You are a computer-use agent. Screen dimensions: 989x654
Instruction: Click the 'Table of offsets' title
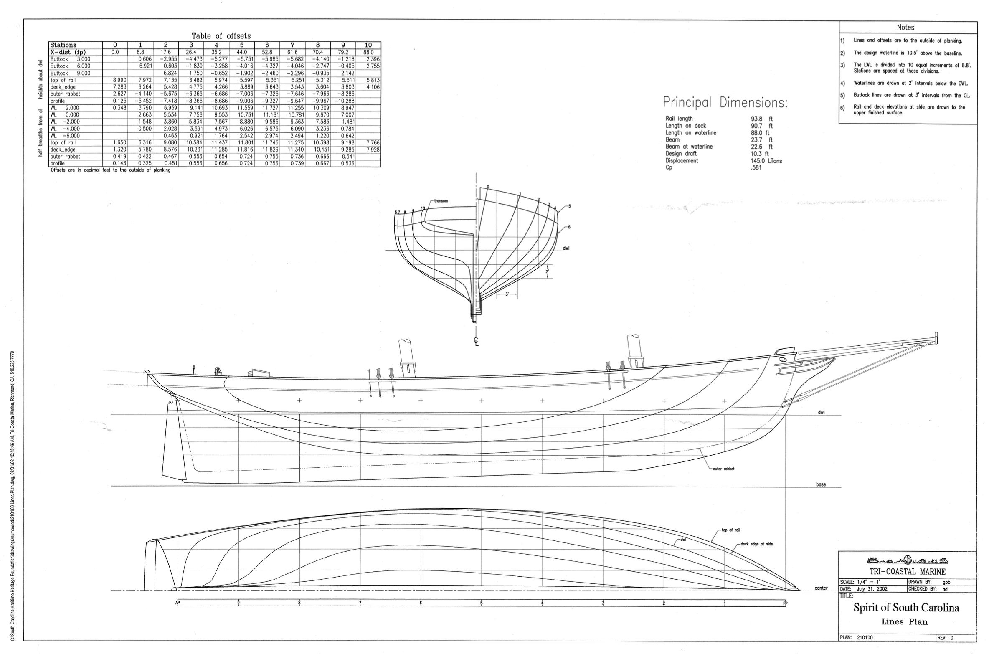click(221, 36)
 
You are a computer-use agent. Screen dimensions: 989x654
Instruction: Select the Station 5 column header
click(242, 45)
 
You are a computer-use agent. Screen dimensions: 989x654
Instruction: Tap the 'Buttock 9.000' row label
click(70, 73)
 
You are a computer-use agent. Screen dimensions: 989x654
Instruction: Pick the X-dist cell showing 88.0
click(368, 52)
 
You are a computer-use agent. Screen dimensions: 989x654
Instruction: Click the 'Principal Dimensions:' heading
click(725, 103)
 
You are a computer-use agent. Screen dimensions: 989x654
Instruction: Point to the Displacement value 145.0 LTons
click(766, 161)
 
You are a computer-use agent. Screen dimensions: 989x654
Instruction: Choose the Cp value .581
click(756, 168)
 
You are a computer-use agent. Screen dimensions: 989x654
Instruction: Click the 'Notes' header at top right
click(905, 28)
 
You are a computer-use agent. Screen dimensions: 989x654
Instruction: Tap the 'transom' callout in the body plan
click(441, 201)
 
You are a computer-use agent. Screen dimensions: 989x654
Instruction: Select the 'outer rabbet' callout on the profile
click(723, 469)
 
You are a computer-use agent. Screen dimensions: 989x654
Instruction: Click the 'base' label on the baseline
click(821, 484)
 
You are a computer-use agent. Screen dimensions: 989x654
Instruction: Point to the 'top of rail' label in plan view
click(731, 530)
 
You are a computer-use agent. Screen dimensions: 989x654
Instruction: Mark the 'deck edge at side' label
click(757, 544)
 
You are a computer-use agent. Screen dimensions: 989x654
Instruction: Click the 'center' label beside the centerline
click(821, 588)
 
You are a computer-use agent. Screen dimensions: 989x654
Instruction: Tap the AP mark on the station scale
click(178, 603)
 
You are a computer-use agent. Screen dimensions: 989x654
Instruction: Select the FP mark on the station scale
click(785, 603)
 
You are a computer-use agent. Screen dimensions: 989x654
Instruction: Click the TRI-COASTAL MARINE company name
click(907, 572)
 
